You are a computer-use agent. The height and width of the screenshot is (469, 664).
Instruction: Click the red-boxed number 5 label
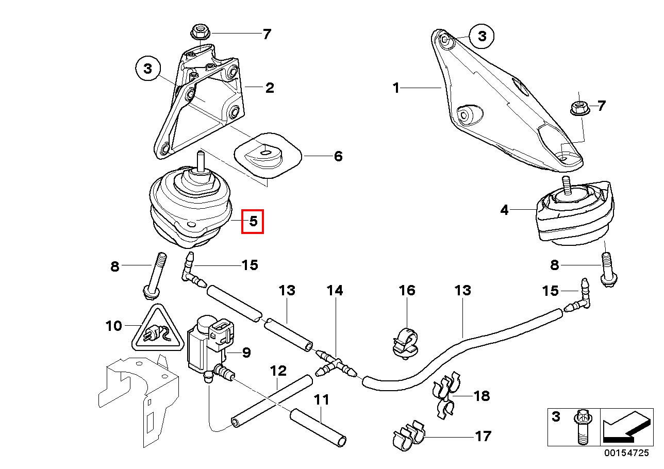coord(253,221)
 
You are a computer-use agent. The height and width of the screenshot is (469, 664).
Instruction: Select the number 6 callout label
coord(338,156)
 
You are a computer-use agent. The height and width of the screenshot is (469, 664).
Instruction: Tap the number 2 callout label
coord(269,88)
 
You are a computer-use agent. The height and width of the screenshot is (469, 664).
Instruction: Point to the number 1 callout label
coord(396,88)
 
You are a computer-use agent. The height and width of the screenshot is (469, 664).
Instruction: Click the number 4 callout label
coord(504,210)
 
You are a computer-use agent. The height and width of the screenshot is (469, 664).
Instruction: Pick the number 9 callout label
coord(246,353)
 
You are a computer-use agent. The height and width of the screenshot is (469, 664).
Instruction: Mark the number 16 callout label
coord(407,290)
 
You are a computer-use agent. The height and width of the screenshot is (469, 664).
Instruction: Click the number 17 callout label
coord(483,437)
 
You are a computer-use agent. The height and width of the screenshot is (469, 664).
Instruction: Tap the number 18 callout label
coord(482,396)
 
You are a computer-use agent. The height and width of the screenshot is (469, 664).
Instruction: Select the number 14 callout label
coord(335,290)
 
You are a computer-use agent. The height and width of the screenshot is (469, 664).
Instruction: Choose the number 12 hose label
coord(278,371)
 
